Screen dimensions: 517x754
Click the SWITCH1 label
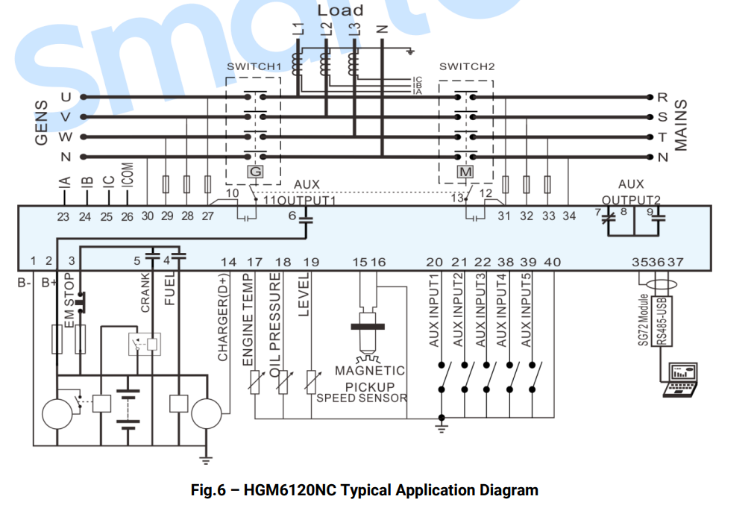pyautogui.click(x=254, y=67)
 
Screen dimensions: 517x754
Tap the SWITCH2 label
pyautogui.click(x=467, y=67)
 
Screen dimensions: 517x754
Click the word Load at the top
pyautogui.click(x=341, y=10)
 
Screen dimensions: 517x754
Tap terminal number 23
pyautogui.click(x=63, y=216)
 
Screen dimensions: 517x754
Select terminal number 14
pyautogui.click(x=229, y=262)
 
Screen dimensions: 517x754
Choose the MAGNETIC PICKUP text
pyautogui.click(x=369, y=377)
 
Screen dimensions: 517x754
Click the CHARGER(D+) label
pyautogui.click(x=223, y=317)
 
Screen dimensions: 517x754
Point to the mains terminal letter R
pyautogui.click(x=662, y=98)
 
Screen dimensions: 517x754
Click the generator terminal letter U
pyautogui.click(x=66, y=97)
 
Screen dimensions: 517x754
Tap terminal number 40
pyautogui.click(x=553, y=262)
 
